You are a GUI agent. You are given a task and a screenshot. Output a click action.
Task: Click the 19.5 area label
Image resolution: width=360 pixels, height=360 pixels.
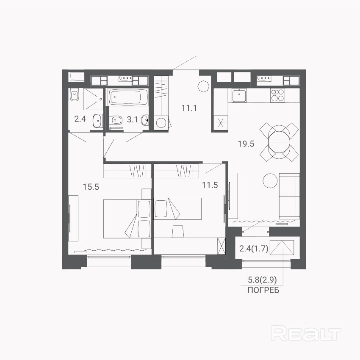(x=246, y=144)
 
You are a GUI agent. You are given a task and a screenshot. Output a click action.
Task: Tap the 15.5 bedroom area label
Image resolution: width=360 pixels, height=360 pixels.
(x=91, y=187)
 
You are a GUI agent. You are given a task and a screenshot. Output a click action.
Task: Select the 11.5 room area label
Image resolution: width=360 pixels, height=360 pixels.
(x=210, y=185)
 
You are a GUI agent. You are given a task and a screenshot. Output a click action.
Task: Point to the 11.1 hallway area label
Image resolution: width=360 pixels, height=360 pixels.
(x=189, y=108)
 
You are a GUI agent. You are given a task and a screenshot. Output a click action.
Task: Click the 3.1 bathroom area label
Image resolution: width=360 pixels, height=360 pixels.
(x=132, y=119)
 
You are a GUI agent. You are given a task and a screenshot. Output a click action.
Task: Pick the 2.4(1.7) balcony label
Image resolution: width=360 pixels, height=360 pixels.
(x=254, y=249)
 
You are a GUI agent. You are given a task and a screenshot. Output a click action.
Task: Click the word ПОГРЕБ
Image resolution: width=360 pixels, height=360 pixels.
(x=263, y=291)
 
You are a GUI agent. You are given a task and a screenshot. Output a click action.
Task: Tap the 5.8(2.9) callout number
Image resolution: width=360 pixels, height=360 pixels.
(x=262, y=280)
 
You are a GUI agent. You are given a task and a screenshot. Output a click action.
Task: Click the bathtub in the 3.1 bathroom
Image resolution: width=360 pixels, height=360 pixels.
(x=128, y=97)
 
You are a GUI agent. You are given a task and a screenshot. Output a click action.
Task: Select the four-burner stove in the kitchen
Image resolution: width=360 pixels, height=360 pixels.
(x=277, y=95)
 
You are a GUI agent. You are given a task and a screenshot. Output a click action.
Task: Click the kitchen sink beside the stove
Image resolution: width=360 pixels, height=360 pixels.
(x=239, y=96)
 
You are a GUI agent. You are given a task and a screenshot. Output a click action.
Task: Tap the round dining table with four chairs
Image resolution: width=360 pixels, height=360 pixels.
(x=279, y=142)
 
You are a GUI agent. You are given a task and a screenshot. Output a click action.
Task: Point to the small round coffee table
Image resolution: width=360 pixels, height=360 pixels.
(x=270, y=181)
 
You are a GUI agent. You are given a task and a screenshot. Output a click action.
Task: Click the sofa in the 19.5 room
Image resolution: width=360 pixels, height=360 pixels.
(x=289, y=196)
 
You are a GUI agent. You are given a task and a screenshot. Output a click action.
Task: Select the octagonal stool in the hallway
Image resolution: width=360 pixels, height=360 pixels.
(x=204, y=86)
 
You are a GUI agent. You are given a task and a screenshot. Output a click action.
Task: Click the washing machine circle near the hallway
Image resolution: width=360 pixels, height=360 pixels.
(x=161, y=123)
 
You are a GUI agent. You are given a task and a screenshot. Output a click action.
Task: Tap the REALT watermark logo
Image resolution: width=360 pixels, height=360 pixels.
(x=306, y=333)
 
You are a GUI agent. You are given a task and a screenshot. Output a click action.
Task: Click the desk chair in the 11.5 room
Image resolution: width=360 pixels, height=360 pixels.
(x=178, y=231)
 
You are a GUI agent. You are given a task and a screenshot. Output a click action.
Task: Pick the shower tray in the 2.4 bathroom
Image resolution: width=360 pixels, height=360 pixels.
(x=93, y=99)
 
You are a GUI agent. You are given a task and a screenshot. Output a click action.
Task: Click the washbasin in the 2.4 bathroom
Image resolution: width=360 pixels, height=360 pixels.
(x=98, y=121)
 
